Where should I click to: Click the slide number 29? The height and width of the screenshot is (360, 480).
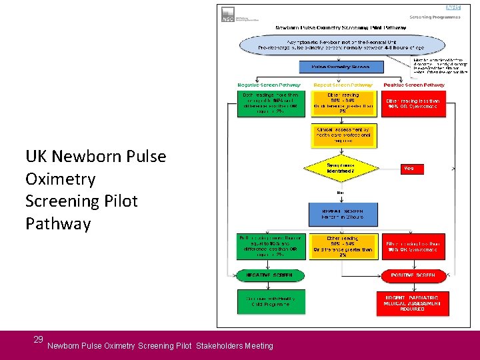[38, 340]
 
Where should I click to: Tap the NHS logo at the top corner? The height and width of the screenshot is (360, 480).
[453, 7]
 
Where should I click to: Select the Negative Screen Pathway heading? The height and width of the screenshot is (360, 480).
[269, 85]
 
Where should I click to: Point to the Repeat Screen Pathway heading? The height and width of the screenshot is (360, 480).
[343, 85]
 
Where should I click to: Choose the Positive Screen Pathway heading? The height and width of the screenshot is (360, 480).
[415, 85]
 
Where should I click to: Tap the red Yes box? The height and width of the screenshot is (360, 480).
[409, 169]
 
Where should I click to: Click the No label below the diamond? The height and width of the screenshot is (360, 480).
[339, 193]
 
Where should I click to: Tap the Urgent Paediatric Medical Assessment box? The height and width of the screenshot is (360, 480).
[413, 303]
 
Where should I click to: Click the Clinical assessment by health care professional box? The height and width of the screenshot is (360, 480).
[343, 135]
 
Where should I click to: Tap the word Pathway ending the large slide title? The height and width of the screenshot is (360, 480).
[58, 223]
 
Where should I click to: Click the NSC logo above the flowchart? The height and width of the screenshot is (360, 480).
[228, 15]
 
